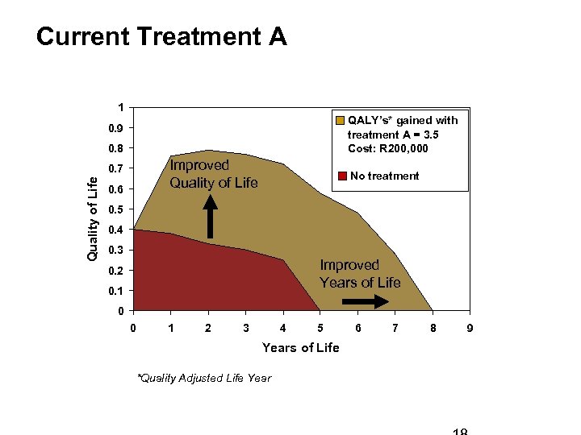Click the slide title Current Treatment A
pos(161,37)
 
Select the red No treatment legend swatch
pos(343,176)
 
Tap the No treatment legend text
pos(384,176)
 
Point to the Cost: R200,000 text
pos(388,148)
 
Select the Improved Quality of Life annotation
pos(213,174)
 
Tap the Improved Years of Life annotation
pos(360,273)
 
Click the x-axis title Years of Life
pos(300,347)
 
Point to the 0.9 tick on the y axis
pos(117,129)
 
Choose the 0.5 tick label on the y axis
pos(117,209)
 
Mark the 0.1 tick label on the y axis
pos(117,291)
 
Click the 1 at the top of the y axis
pos(120,108)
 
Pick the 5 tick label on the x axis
pos(320,328)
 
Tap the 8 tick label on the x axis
pos(433,328)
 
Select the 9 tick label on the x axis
pos(470,328)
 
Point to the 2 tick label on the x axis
pos(208,328)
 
